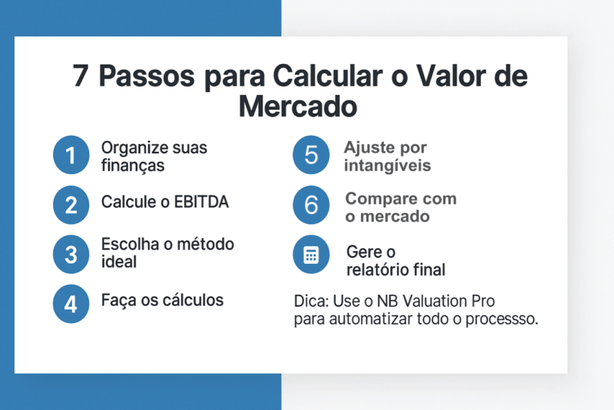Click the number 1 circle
(x=71, y=155)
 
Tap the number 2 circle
(x=71, y=205)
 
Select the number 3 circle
(x=71, y=254)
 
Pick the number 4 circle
(x=71, y=304)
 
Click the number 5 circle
(x=311, y=155)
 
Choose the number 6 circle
(x=311, y=205)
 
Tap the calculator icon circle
(x=311, y=254)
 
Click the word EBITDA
(x=201, y=202)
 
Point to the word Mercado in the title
(x=298, y=106)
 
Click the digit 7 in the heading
(x=80, y=76)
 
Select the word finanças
(x=133, y=165)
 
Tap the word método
(x=205, y=244)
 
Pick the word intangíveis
(x=388, y=165)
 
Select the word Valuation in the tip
(x=434, y=301)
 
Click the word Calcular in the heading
(x=327, y=76)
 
